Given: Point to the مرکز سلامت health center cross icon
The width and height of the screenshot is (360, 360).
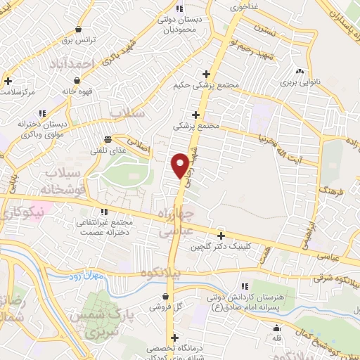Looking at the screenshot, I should click(x=8, y=81).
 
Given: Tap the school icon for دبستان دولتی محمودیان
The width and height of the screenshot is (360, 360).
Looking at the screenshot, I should click(x=179, y=8).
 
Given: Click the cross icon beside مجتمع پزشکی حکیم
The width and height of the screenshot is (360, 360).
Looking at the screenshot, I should click(x=205, y=74).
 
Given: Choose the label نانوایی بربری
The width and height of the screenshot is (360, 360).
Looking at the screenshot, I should click(x=301, y=83).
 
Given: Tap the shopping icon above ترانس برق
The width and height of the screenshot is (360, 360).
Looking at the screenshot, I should click(x=77, y=30).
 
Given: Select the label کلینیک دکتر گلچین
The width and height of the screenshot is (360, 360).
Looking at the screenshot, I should click(x=229, y=247).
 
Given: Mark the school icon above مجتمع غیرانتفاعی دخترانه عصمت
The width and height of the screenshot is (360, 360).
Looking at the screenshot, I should click(x=104, y=211).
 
